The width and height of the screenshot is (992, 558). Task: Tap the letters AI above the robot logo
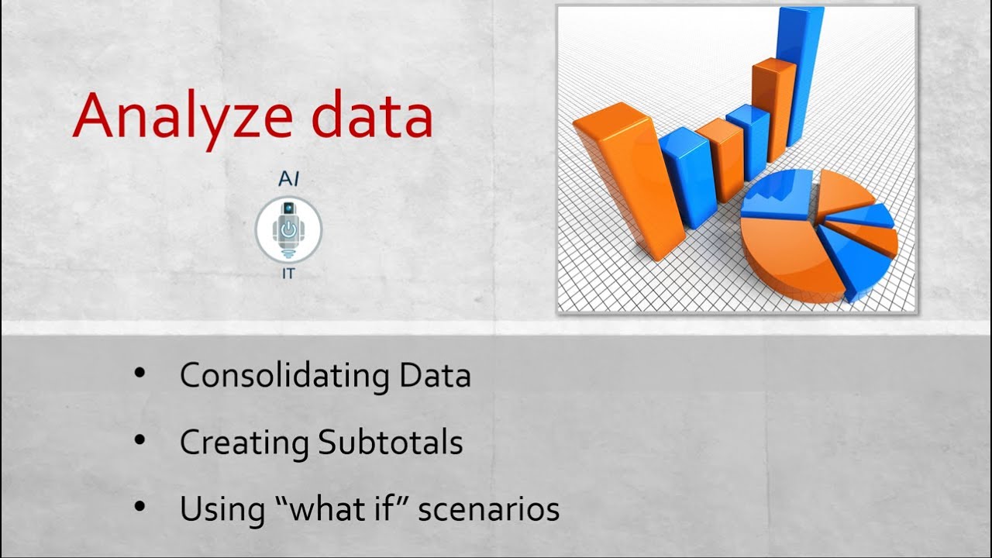288,180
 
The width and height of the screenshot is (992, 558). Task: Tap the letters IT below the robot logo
288,274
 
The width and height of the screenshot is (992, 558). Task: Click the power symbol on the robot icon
288,229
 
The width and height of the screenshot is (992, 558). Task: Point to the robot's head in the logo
288,209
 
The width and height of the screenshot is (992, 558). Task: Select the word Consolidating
284,376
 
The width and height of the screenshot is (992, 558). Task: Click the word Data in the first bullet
435,376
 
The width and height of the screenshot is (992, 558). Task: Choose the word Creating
244,443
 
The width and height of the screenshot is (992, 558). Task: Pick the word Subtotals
391,443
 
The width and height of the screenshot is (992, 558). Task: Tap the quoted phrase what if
332,509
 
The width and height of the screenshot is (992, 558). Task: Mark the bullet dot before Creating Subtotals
139,439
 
